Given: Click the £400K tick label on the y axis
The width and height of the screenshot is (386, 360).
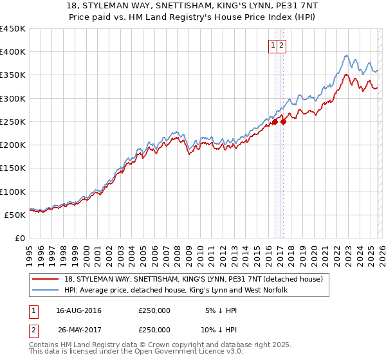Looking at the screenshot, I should tap(13, 52).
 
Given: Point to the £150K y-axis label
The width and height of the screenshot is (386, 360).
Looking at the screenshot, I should tap(13, 168).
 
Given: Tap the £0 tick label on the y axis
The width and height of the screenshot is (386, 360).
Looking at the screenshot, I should tap(21, 238).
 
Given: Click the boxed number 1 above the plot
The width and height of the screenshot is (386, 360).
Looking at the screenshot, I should tap(273, 45).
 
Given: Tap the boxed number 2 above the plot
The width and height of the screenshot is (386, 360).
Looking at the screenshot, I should tap(282, 45).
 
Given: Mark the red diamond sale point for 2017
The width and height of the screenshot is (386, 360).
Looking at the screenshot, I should tap(283, 122).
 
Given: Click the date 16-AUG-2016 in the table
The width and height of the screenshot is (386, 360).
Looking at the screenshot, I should tap(78, 310).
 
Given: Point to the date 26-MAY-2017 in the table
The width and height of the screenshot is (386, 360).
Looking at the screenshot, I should tap(78, 329).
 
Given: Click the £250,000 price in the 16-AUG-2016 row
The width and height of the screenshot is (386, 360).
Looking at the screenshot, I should tap(154, 310).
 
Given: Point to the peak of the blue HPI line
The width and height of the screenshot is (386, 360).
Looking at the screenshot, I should tap(347, 55).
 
